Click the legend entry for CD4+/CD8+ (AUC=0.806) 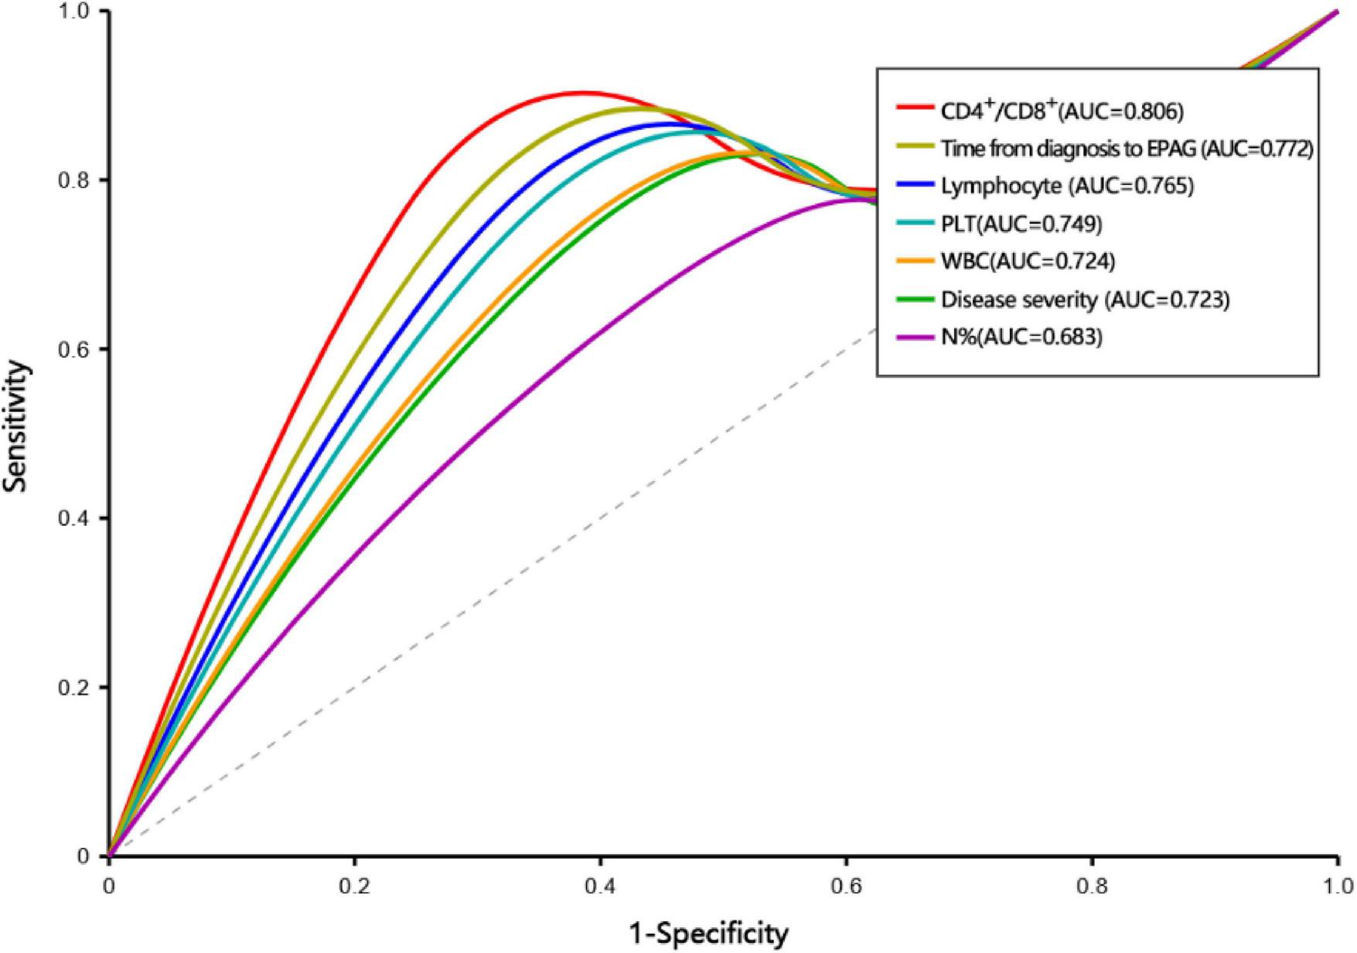(x=1062, y=111)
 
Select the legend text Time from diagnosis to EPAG (x=1127, y=149)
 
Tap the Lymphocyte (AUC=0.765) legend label (x=1067, y=186)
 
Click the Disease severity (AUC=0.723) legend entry (x=1085, y=299)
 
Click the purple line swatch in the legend (x=915, y=337)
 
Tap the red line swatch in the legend (x=915, y=108)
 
